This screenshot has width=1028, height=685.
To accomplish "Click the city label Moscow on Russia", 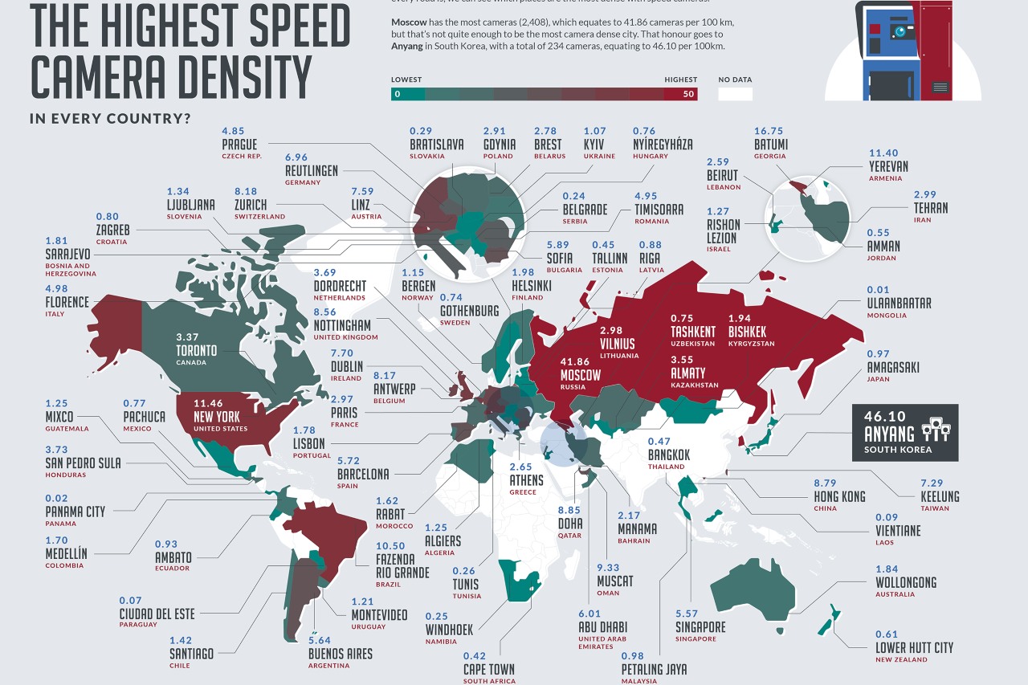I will tap(580, 375).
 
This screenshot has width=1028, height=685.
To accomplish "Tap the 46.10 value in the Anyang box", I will tap(883, 417).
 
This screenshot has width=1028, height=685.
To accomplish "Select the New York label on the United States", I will tap(216, 417).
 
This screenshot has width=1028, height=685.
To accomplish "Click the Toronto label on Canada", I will tap(197, 351).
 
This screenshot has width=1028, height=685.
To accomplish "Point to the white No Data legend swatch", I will tap(735, 94).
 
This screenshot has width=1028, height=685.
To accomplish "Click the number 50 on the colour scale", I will tap(688, 94).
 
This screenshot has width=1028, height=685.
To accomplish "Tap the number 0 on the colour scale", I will tap(397, 94).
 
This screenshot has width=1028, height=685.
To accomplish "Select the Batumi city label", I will tap(771, 144).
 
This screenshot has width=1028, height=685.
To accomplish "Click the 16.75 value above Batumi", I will tap(769, 130).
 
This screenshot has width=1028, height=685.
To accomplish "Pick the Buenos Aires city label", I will tap(341, 654).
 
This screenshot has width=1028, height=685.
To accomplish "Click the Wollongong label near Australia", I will tap(906, 582).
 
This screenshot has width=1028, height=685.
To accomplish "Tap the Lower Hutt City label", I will tap(915, 647).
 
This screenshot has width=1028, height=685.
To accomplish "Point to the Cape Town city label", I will tap(489, 669).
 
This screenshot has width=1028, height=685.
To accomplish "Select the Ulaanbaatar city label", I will tap(899, 303).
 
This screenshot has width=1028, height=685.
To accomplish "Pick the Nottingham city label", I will tap(342, 325).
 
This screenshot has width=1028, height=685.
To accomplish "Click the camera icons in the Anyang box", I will tap(937, 429).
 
